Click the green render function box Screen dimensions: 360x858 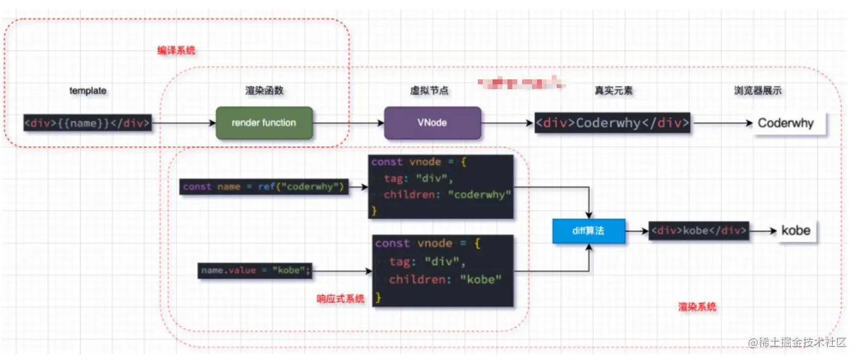[264, 122]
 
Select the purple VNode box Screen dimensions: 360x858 [432, 122]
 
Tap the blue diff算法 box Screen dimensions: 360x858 [588, 232]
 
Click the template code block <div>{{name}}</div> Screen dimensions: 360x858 [87, 123]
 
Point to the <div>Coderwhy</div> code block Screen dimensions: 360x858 [612, 123]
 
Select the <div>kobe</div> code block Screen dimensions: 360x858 [698, 232]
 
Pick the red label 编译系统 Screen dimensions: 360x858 [176, 50]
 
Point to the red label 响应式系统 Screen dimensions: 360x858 [340, 298]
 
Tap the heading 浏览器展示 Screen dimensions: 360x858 [758, 90]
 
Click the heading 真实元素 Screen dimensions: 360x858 [613, 90]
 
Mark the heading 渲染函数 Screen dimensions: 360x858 [264, 90]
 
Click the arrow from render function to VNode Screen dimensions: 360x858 [348, 123]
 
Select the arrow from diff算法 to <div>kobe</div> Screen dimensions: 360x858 [637, 232]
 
